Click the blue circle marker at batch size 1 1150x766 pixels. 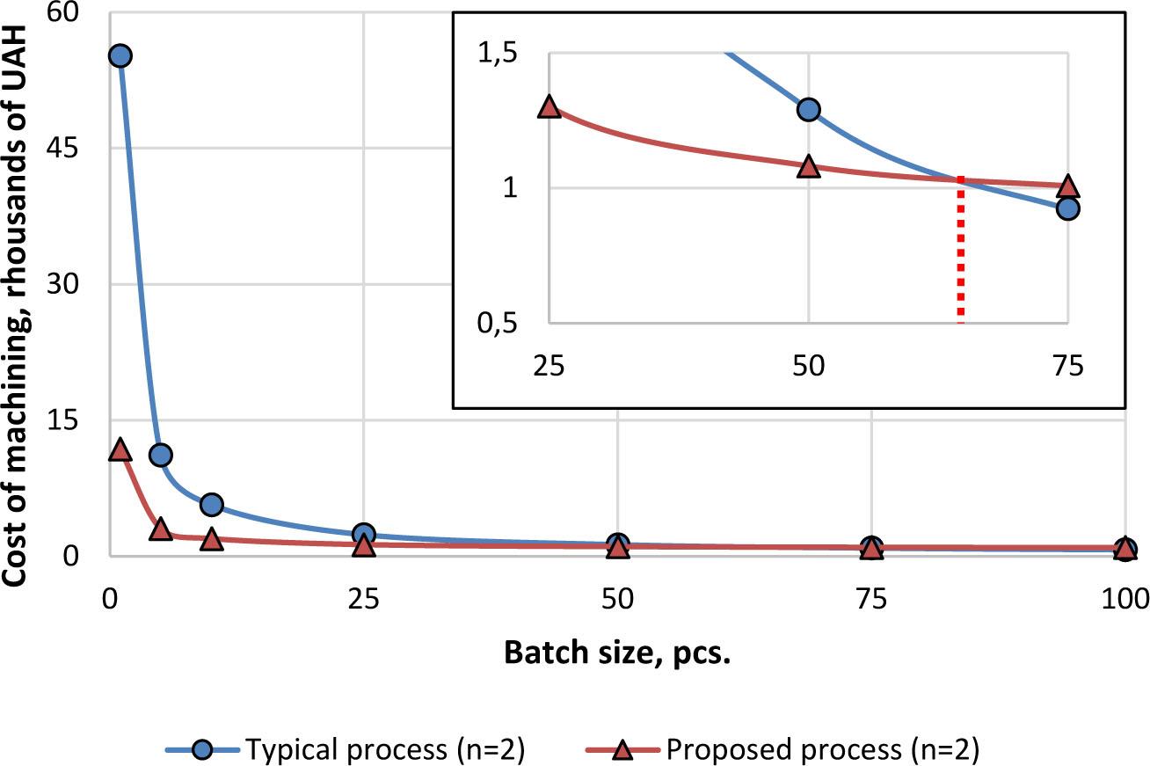120,55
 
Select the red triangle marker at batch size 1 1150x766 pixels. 120,450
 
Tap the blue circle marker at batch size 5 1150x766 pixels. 161,455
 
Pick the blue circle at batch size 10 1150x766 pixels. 211,504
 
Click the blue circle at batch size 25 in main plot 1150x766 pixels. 364,534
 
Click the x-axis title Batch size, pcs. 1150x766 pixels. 618,654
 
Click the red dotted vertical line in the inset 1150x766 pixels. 960,255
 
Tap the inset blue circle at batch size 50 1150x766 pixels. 808,109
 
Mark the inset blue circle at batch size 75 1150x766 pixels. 1067,208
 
